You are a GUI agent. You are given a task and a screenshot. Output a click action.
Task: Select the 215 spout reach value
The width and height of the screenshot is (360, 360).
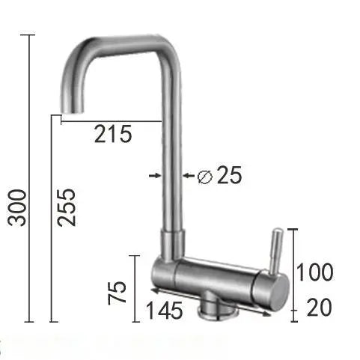click(113, 135)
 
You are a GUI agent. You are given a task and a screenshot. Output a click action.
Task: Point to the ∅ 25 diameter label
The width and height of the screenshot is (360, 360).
click(217, 176)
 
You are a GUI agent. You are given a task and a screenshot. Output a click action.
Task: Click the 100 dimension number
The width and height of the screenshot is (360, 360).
click(314, 272)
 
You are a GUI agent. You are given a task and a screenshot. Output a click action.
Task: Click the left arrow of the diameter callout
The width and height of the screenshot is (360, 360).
click(155, 175)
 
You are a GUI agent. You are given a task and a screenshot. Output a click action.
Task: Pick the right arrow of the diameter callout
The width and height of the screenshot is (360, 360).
click(188, 175)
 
